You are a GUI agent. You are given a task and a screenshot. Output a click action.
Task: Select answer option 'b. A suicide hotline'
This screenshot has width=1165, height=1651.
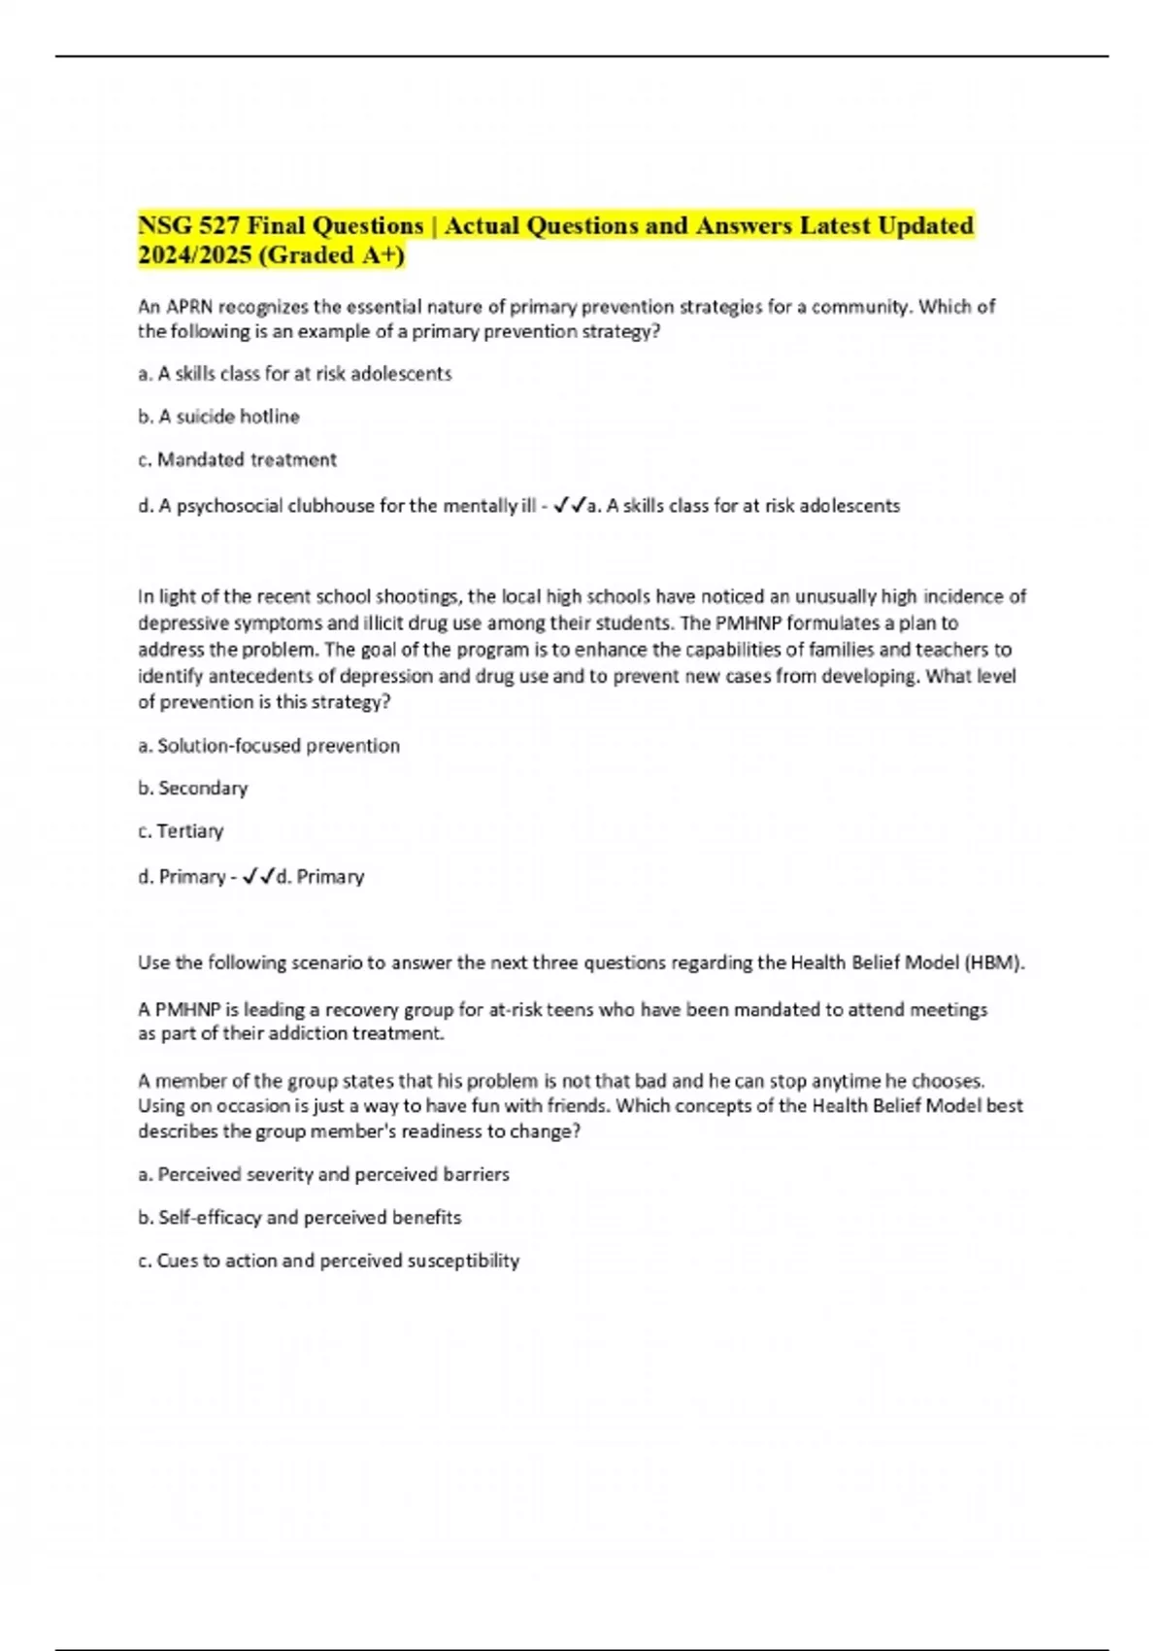coord(218,416)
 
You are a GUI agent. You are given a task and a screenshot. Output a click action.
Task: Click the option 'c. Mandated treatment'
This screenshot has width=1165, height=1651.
coord(237,459)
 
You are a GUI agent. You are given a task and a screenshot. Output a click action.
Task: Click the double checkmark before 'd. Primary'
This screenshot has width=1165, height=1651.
coord(257,876)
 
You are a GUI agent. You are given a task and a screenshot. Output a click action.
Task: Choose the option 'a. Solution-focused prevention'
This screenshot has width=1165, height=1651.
coord(269,745)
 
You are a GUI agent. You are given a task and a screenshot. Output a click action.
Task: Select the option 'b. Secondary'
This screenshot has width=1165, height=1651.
coord(192,788)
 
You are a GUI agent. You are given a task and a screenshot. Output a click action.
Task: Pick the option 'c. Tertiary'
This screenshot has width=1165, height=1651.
coord(181,830)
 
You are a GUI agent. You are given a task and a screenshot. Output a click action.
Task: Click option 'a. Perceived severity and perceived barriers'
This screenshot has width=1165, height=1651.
coord(323,1174)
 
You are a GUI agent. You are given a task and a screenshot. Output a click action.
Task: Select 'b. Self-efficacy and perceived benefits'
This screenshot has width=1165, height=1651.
coord(299,1217)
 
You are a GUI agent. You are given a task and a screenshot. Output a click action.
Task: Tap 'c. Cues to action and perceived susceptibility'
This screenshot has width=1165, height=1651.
coord(328,1260)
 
